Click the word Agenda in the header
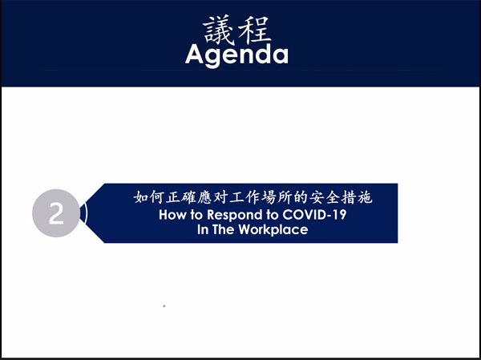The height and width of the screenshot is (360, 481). [236, 55]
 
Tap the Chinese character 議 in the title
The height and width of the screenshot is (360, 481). [218, 30]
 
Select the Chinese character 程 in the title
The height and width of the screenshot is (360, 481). [254, 30]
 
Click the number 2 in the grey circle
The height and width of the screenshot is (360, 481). [56, 213]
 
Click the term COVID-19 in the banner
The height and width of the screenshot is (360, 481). [314, 215]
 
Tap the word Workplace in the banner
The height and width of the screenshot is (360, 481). [273, 230]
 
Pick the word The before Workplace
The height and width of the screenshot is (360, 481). [223, 229]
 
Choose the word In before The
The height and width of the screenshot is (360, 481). [203, 229]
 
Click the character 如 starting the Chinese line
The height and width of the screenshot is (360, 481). [141, 197]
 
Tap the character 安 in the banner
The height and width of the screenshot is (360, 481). [317, 197]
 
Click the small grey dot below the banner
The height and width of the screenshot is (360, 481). [164, 306]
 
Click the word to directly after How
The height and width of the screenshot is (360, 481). [196, 215]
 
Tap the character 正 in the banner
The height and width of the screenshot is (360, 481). [173, 197]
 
